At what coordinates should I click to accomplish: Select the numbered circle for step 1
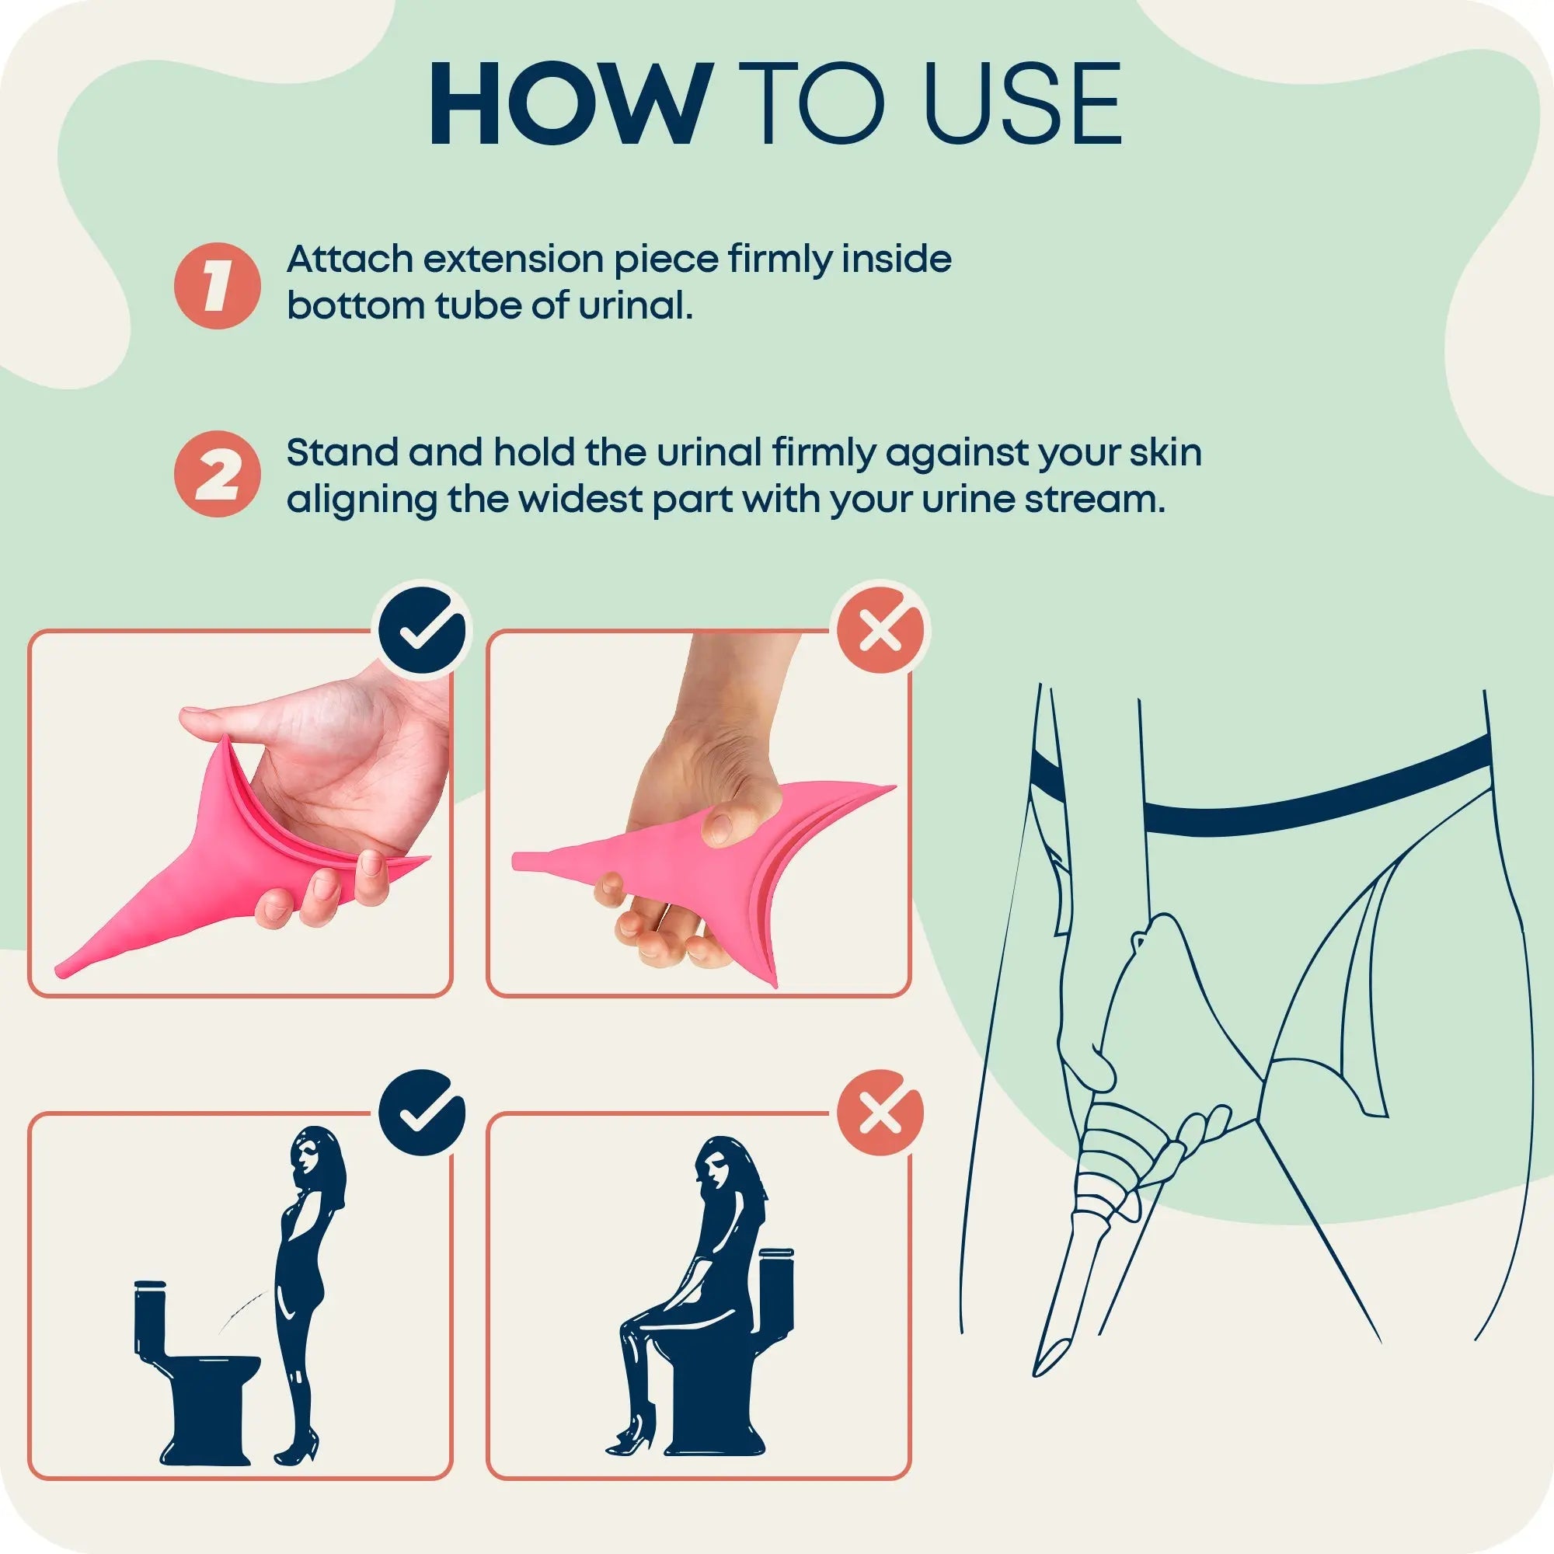218,285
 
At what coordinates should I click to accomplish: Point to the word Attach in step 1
350,260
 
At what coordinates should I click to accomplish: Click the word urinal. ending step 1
636,306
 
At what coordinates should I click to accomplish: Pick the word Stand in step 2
343,452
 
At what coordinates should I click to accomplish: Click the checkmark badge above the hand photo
422,630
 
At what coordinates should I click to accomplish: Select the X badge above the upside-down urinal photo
881,630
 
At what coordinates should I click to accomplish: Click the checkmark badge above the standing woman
422,1113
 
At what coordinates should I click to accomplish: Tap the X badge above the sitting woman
881,1113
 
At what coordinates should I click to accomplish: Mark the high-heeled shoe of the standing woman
298,1448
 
